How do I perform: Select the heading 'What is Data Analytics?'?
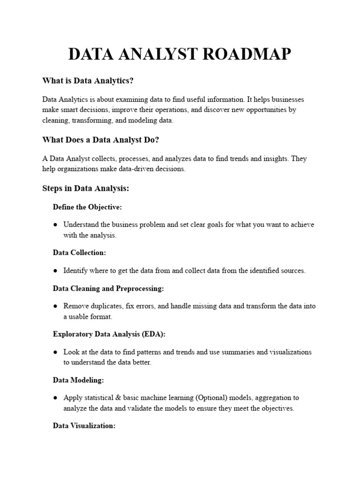coord(88,81)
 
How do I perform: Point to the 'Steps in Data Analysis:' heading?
coord(85,188)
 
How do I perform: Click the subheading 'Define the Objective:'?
coord(87,207)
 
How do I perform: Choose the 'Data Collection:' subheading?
coord(79,253)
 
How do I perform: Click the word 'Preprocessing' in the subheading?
coord(139,289)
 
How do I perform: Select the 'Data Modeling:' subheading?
coord(78,380)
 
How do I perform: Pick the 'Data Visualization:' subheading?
coord(84,426)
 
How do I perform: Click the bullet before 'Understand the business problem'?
coord(55,225)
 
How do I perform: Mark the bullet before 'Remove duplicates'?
coord(55,306)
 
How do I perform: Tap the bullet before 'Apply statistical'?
coord(55,398)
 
